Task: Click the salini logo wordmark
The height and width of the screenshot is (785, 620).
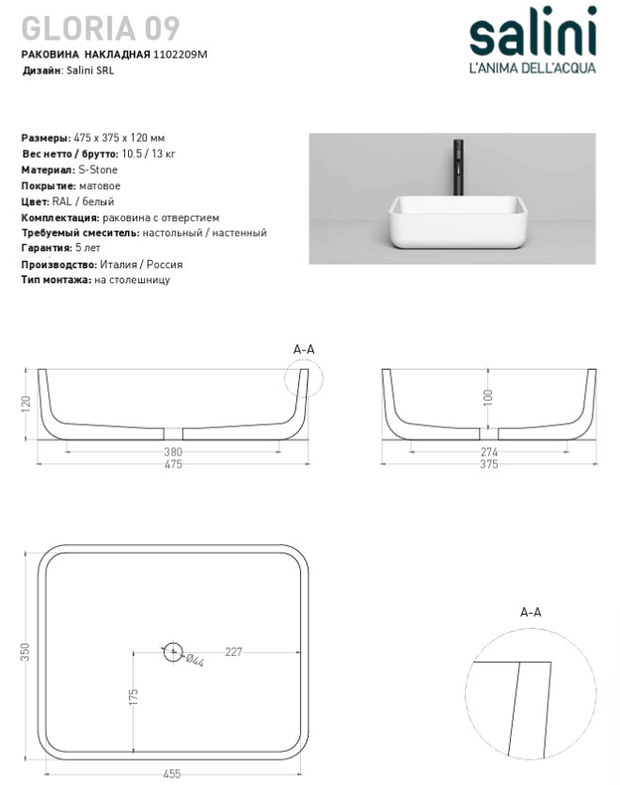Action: (533, 36)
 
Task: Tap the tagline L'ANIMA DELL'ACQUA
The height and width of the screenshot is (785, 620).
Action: (533, 67)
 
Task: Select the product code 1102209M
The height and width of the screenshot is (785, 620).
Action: (180, 55)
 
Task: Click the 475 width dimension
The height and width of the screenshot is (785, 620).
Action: (173, 465)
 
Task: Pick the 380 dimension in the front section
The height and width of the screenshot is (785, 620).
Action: (173, 453)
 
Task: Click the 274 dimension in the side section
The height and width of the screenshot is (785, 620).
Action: (488, 453)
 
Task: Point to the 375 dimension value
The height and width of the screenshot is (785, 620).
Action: (488, 465)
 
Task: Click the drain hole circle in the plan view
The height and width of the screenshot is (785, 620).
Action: (172, 650)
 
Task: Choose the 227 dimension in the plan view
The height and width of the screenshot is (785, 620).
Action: (234, 649)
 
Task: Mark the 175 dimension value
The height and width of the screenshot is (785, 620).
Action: (134, 697)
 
